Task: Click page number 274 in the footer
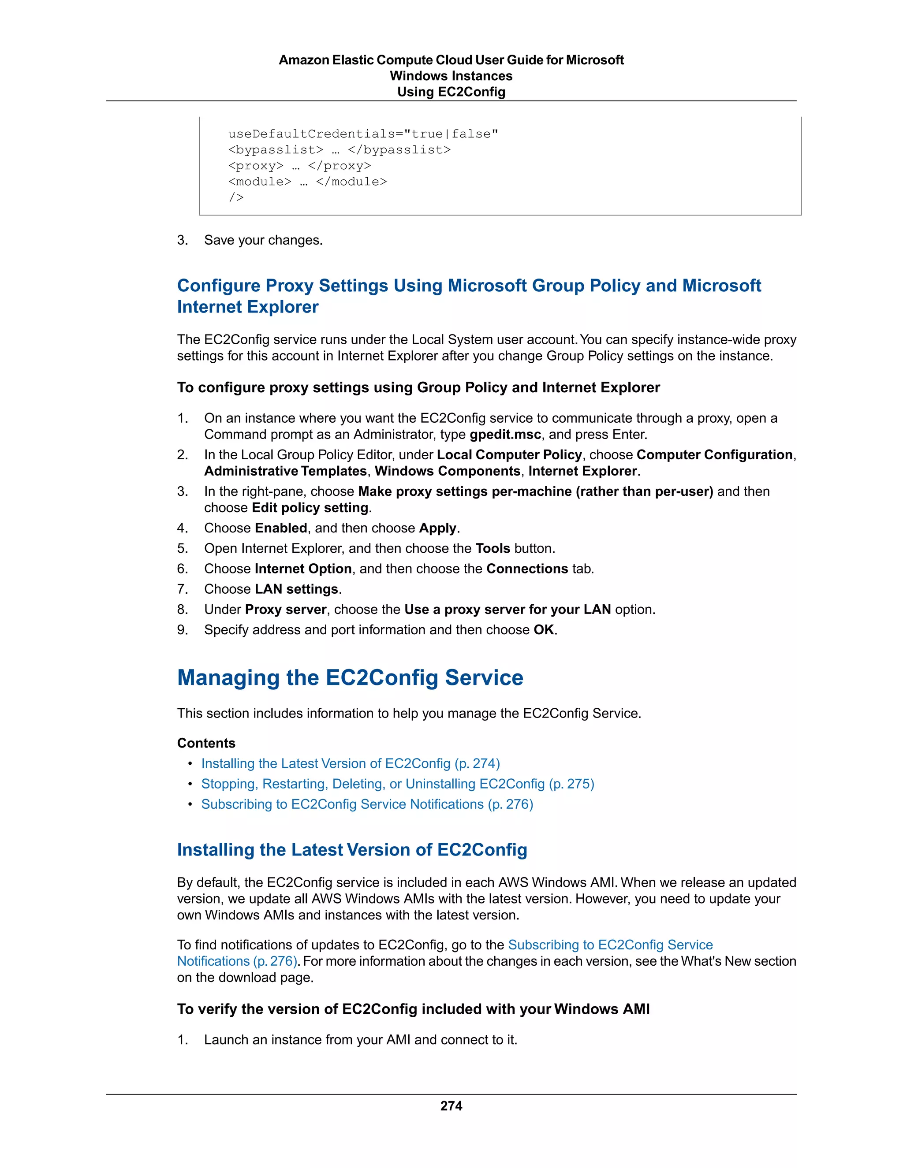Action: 451,1105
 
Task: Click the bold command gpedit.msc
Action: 505,434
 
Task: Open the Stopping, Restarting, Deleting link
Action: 397,784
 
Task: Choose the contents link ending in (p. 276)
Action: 367,804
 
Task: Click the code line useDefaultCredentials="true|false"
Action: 363,134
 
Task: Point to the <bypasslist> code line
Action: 339,150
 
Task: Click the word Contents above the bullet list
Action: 206,743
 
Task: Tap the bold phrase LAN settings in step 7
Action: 296,589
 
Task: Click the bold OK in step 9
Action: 544,629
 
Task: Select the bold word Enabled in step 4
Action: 281,528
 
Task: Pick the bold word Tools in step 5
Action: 493,548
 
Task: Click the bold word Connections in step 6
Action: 527,569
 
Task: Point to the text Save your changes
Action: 263,240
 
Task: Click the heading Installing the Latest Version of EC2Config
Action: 352,850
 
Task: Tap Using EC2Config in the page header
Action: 451,92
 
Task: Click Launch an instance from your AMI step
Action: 361,1040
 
